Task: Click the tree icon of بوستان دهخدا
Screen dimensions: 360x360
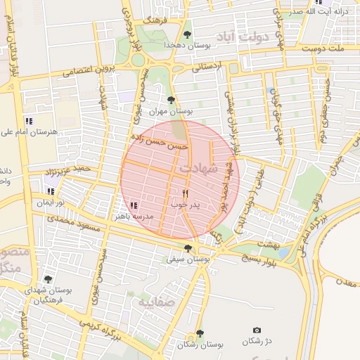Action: (x=186, y=34)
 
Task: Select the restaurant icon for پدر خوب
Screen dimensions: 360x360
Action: (x=186, y=193)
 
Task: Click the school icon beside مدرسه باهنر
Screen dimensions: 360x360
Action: (x=133, y=205)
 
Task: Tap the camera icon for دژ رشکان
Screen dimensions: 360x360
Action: (x=257, y=330)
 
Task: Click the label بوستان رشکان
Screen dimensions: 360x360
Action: (x=200, y=345)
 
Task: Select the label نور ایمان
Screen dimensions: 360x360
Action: (x=51, y=202)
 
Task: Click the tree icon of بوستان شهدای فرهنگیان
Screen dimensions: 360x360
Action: (x=48, y=280)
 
